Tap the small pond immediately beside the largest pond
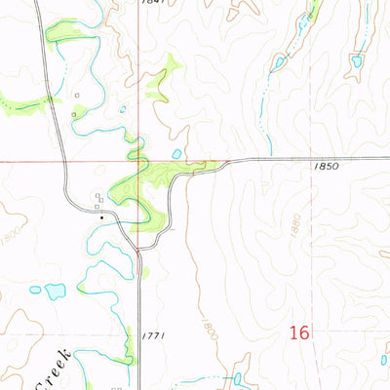(x=35, y=289)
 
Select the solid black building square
(x=101, y=216)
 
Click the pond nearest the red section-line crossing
(x=175, y=153)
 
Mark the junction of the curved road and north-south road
(x=138, y=252)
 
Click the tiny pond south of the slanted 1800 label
(x=235, y=377)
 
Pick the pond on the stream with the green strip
(x=279, y=63)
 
